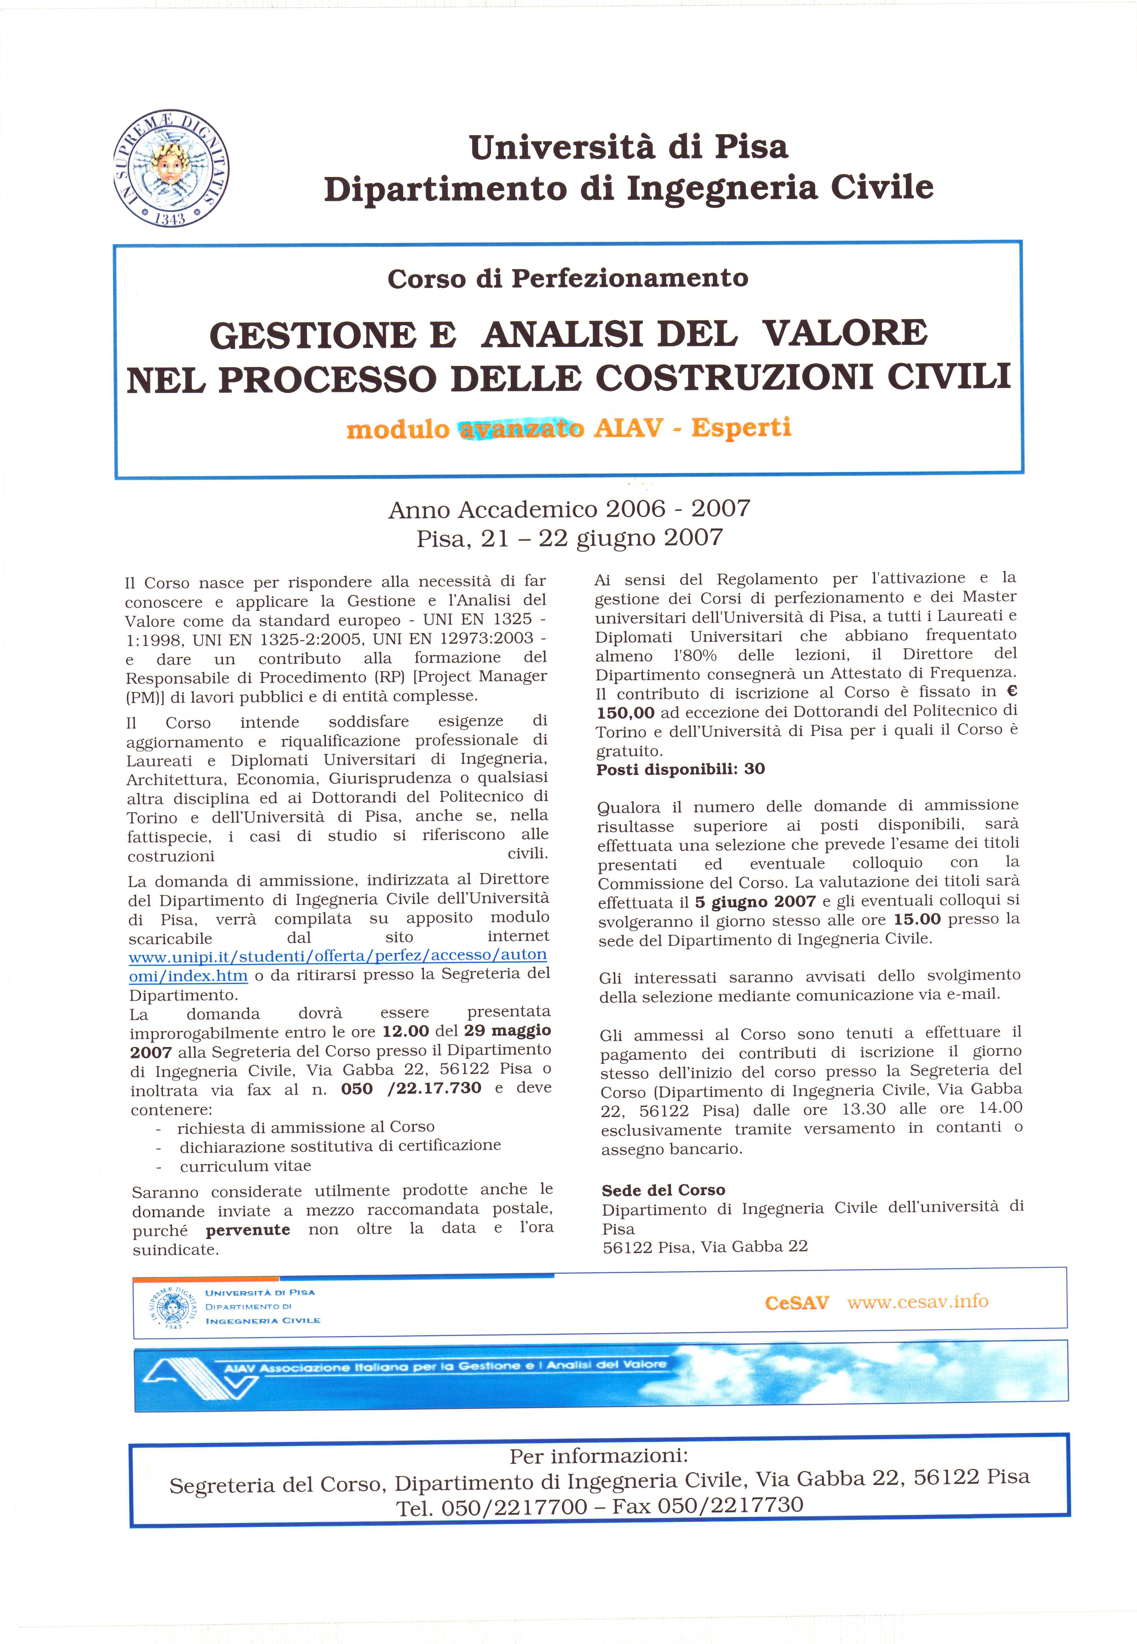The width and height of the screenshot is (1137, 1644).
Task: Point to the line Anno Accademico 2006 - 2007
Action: point(569,509)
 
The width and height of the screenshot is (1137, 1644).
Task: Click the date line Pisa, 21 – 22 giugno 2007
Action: point(569,538)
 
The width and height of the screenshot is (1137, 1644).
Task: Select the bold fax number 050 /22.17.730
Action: point(411,1088)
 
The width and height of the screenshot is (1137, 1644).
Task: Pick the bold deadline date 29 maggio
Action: point(507,1031)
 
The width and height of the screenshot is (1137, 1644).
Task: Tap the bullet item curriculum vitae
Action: point(245,1166)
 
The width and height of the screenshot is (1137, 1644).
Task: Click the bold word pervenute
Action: point(248,1229)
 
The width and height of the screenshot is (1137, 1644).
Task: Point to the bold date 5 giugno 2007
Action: point(755,901)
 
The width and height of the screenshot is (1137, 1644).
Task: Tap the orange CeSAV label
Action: point(796,1303)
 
